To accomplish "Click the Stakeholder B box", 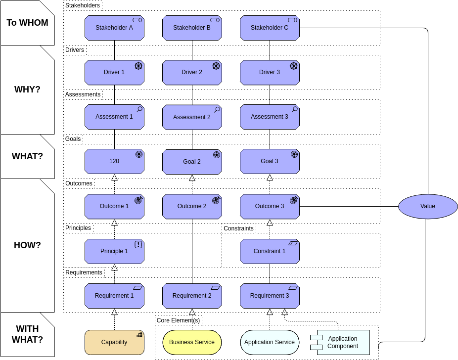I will click(x=192, y=28).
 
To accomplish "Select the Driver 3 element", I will click(x=270, y=72).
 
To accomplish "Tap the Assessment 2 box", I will click(x=192, y=117).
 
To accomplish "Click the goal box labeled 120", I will click(x=114, y=161).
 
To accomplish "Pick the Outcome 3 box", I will click(x=270, y=206).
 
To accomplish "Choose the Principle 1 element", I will click(x=114, y=251).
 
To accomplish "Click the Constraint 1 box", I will click(x=270, y=251).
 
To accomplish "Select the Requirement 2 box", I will click(x=192, y=296).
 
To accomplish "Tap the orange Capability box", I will click(x=114, y=342).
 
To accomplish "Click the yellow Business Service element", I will click(x=192, y=342).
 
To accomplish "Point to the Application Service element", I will click(x=270, y=342).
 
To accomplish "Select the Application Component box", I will click(x=343, y=342).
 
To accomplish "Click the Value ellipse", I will click(x=428, y=206).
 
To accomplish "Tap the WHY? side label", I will click(x=27, y=90).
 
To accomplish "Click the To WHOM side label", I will click(x=27, y=23).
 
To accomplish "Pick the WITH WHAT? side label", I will click(x=27, y=334).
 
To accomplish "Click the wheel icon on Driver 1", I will click(x=138, y=66).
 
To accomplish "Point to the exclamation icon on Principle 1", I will click(x=138, y=244).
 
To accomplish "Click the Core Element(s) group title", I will click(x=178, y=320).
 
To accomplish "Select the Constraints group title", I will click(x=238, y=228).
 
